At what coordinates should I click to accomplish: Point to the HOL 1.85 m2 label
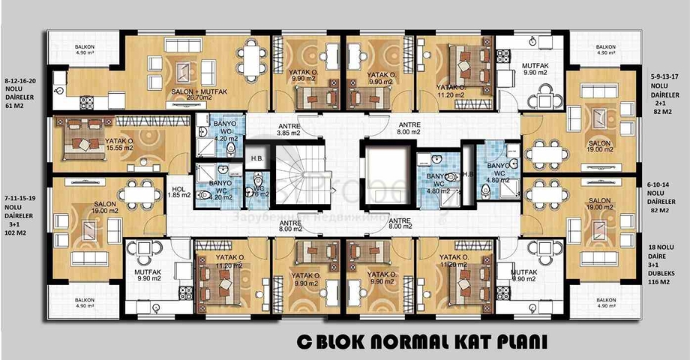[x=178, y=192]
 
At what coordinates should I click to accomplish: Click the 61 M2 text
[x=15, y=107]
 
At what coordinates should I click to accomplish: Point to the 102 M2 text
[x=16, y=233]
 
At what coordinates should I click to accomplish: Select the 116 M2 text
[x=664, y=288]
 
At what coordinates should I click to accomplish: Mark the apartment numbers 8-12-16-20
[x=25, y=78]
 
